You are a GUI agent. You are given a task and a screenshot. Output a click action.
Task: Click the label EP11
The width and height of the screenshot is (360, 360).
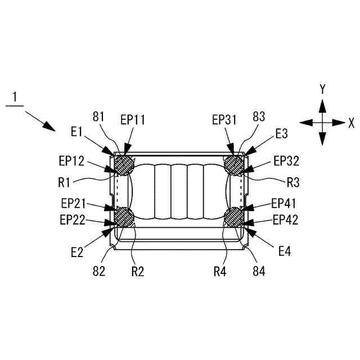132,119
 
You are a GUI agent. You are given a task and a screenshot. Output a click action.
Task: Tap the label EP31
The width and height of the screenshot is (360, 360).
225,119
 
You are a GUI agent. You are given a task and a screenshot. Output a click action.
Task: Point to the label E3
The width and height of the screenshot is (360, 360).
282,133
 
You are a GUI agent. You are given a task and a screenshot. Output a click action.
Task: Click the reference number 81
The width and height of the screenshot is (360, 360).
99,117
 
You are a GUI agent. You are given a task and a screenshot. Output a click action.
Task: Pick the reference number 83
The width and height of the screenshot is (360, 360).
259,117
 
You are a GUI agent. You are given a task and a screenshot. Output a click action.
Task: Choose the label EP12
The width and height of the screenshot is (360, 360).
71,161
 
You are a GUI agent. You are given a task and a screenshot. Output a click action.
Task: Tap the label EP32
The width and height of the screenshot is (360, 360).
287,161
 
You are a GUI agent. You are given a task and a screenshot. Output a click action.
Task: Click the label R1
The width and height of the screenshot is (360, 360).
65,181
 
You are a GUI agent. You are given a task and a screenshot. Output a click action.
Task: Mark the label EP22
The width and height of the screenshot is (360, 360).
71,220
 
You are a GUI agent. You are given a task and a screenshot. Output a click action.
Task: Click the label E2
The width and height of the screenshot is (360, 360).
77,251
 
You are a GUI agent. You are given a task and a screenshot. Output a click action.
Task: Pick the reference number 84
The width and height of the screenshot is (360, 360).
259,272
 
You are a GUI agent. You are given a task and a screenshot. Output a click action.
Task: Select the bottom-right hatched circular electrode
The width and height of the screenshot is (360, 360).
233,217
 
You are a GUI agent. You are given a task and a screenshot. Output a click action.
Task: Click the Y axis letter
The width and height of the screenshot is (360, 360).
322,89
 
